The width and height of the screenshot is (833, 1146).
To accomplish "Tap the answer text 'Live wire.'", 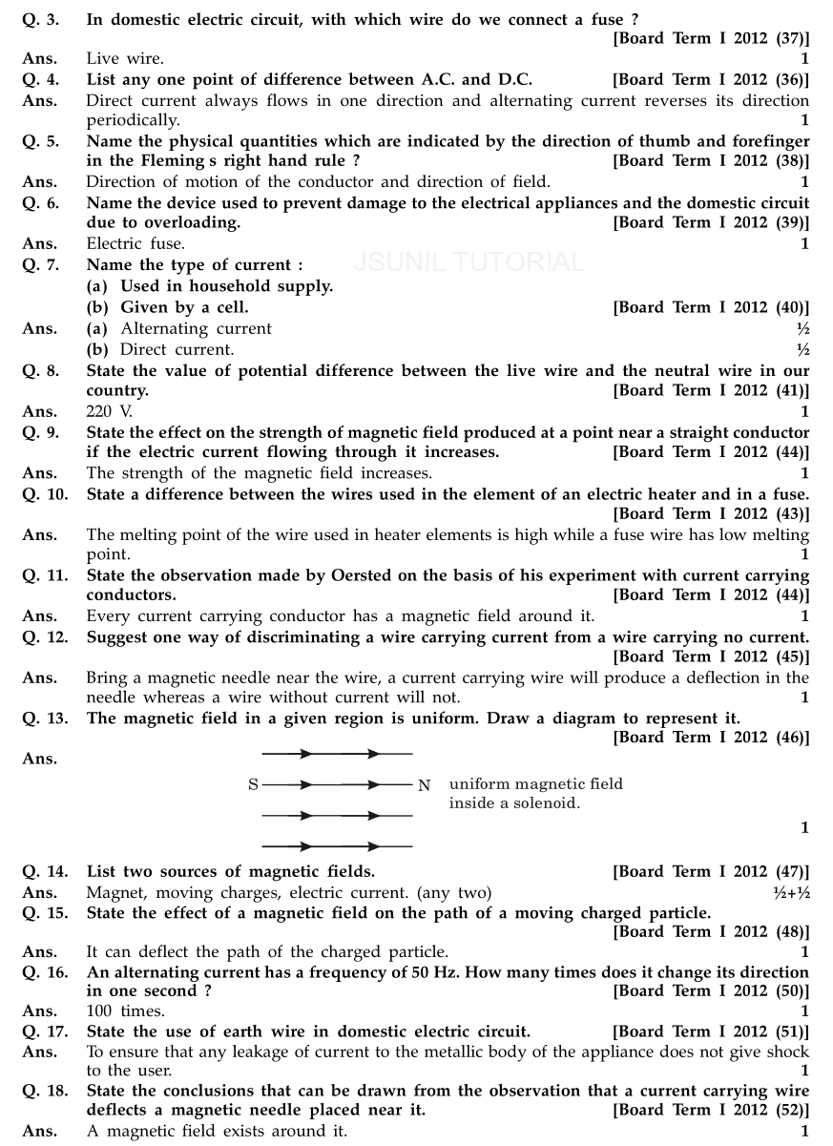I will pyautogui.click(x=125, y=59).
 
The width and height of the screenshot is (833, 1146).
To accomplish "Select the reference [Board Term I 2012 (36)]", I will pyautogui.click(x=710, y=80).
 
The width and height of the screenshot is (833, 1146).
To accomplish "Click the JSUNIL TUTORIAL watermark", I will pyautogui.click(x=469, y=261).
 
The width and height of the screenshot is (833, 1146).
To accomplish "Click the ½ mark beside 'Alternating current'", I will pyautogui.click(x=802, y=328).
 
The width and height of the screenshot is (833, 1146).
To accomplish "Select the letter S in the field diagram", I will pyautogui.click(x=253, y=785).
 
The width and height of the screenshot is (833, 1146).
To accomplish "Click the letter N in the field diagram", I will pyautogui.click(x=424, y=785).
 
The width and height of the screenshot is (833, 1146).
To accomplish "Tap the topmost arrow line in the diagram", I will pyautogui.click(x=337, y=754).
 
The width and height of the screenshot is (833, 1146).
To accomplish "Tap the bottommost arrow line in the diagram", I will pyautogui.click(x=337, y=845).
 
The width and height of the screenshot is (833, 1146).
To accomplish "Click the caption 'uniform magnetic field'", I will pyautogui.click(x=535, y=784).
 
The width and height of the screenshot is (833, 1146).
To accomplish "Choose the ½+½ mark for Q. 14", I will pyautogui.click(x=791, y=892).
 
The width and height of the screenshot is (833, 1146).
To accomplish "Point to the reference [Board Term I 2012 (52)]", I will pyautogui.click(x=710, y=1111).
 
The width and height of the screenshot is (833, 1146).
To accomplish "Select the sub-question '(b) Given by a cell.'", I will pyautogui.click(x=167, y=307).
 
